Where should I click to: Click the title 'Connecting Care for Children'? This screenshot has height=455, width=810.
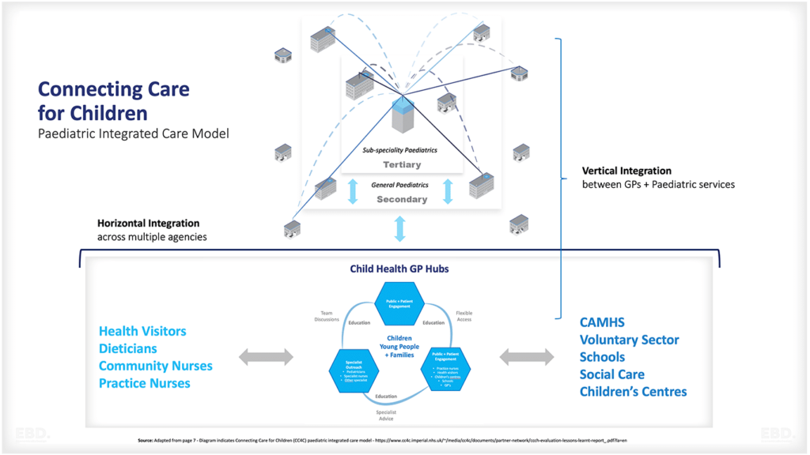tap(113, 100)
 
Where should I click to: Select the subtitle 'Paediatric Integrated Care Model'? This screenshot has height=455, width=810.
tap(133, 133)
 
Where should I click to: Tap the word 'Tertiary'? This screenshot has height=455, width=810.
tap(402, 164)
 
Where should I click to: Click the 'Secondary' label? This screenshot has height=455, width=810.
tap(401, 199)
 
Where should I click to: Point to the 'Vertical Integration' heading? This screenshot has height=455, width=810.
tap(626, 171)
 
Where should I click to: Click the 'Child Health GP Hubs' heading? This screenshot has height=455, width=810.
tap(399, 269)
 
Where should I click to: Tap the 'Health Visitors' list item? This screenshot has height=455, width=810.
tap(142, 331)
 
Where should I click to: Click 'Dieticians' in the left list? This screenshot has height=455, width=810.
tap(127, 348)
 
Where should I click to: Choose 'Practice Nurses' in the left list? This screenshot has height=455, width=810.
tap(144, 383)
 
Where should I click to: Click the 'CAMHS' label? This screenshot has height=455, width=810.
tap(603, 322)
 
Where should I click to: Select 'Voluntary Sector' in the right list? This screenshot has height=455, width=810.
tap(629, 340)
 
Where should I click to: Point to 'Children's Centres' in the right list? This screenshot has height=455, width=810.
tap(633, 391)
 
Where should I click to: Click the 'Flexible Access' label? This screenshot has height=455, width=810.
tap(465, 315)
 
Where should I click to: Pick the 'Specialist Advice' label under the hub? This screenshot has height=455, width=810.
tap(386, 415)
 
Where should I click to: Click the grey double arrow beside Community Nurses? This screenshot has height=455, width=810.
tap(266, 358)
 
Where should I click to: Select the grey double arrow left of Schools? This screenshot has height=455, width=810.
tap(526, 358)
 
